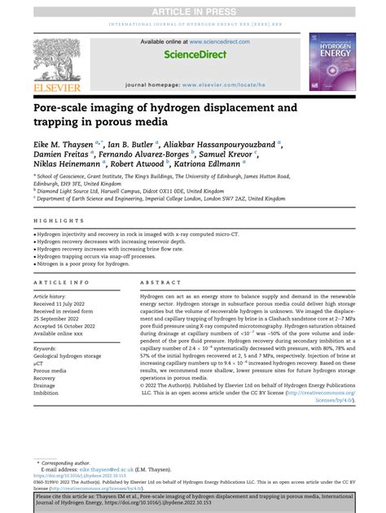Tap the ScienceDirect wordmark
click(194, 55)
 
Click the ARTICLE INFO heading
click(62, 283)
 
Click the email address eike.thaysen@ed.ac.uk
click(112, 470)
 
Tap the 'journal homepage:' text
click(153, 85)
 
